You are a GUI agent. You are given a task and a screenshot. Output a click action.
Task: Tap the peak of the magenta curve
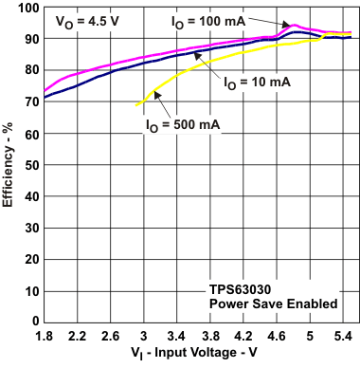pos(295,25)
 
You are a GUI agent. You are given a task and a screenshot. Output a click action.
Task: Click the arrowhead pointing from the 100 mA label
pos(290,25)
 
